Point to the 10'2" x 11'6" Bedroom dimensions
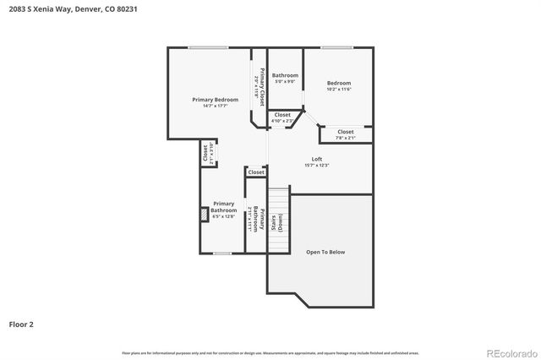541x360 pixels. [338, 89]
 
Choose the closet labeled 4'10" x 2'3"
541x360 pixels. [282, 117]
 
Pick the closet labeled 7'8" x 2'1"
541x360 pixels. [345, 134]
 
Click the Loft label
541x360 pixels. [317, 159]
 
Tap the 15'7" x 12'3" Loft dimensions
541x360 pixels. [317, 165]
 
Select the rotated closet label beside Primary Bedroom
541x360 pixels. [205, 155]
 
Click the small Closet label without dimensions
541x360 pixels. [256, 172]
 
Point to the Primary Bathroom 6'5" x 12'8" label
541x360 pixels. [223, 207]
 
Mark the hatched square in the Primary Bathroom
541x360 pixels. [205, 214]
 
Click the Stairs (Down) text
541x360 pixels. [276, 223]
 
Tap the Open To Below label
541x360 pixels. [325, 252]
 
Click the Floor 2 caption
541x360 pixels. [21, 324]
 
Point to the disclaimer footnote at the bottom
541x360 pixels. [270, 352]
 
